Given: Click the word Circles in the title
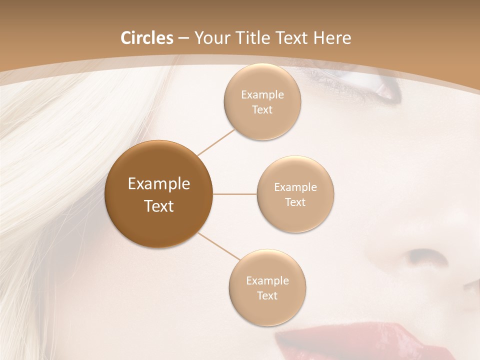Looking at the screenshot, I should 147,38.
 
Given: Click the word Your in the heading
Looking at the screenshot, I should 212,38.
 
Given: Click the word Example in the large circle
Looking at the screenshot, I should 159,184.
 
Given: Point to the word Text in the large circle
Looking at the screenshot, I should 159,206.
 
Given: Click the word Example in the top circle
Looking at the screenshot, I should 262,95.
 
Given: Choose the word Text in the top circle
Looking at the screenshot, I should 262,110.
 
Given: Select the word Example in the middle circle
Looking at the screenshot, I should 295,187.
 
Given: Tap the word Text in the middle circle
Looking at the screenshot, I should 295,202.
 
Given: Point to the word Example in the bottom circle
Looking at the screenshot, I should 267,281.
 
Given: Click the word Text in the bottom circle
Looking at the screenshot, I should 267,296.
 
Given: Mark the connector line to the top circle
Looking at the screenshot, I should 216,141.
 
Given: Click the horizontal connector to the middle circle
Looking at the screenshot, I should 235,193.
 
